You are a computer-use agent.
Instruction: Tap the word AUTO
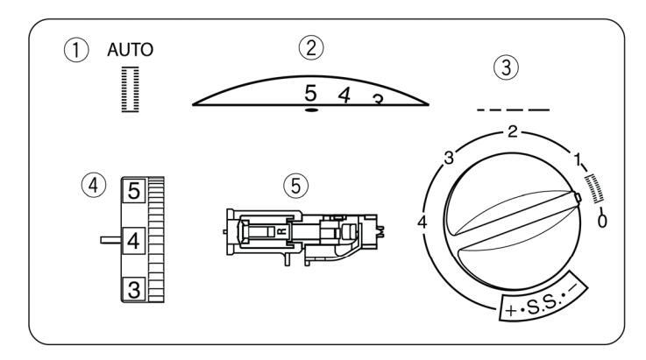(x=131, y=50)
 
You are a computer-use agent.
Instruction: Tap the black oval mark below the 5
(x=311, y=111)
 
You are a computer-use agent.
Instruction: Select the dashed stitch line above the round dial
(x=514, y=110)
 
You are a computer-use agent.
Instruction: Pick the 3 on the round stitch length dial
(x=448, y=158)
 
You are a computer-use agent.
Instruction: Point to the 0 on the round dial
(x=602, y=222)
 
